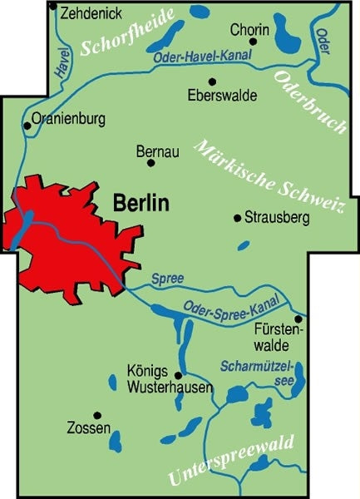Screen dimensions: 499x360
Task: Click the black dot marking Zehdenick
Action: coord(54,7)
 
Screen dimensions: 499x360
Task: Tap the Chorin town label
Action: coord(249,27)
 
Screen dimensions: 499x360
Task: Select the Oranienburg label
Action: coord(69,119)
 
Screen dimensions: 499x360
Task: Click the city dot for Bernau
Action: coord(151,163)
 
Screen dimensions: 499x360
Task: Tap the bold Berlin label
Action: coord(140,202)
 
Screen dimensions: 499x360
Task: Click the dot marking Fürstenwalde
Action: coord(298,318)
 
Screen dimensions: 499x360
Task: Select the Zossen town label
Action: coord(87,429)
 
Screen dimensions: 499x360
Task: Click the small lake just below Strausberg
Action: coord(243,245)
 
